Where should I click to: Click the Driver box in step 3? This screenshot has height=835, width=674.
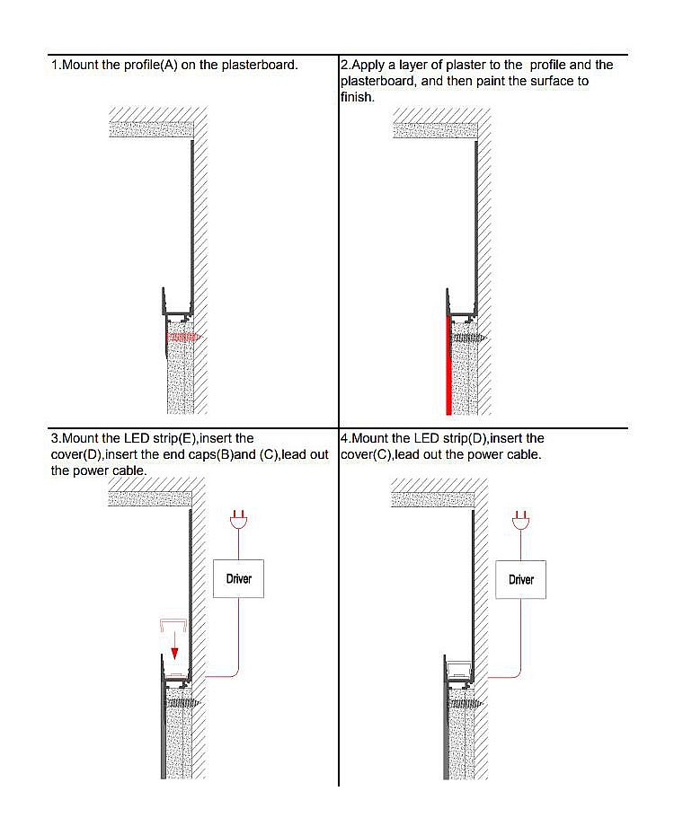[238, 578]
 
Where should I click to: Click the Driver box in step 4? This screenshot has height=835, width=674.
[520, 579]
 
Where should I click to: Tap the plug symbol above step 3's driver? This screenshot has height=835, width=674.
[238, 520]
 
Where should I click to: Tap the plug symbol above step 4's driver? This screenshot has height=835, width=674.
[520, 520]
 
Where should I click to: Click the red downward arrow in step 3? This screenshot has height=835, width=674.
[174, 646]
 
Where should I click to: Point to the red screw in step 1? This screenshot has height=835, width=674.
[182, 337]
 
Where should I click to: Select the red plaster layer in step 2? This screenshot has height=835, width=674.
[448, 365]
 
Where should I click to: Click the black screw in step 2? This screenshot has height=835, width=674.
[469, 338]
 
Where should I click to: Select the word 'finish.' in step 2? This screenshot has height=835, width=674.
[358, 98]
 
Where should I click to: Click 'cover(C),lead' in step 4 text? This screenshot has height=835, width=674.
[380, 455]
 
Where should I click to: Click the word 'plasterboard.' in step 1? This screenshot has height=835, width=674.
[260, 65]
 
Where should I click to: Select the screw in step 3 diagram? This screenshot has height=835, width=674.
[182, 703]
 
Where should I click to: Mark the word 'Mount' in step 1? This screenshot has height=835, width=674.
[81, 65]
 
